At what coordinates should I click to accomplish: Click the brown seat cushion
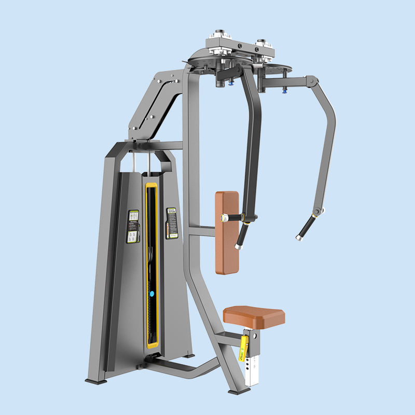(254, 315)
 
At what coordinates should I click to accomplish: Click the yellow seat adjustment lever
(243, 347)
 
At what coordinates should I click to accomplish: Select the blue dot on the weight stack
(152, 293)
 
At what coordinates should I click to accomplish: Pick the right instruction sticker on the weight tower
(171, 224)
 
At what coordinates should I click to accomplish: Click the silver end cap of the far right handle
(299, 238)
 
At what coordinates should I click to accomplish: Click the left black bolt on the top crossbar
(240, 46)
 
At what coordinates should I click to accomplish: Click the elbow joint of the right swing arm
(311, 81)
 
